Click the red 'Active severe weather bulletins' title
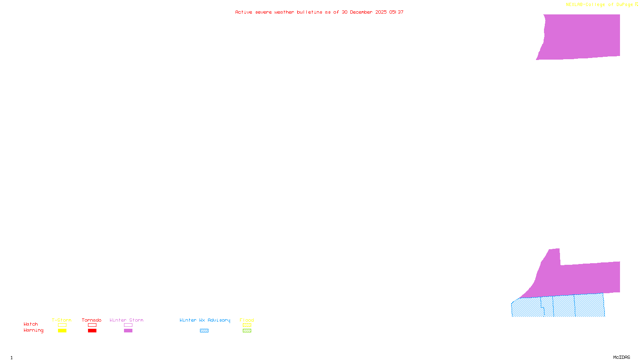click(x=319, y=12)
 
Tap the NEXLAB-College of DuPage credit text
click(x=602, y=4)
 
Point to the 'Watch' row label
click(x=31, y=324)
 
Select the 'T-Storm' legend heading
click(x=62, y=320)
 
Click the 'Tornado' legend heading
click(x=92, y=320)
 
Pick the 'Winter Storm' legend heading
click(x=126, y=320)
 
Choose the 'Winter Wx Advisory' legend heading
click(x=205, y=320)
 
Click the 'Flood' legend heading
click(x=247, y=320)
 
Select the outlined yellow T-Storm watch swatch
click(x=62, y=325)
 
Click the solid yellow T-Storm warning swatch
click(x=62, y=331)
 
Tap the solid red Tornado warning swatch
click(x=92, y=331)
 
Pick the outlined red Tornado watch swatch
click(x=92, y=325)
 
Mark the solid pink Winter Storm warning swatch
click(x=128, y=331)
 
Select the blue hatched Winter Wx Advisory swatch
click(x=204, y=331)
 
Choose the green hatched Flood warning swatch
click(x=247, y=331)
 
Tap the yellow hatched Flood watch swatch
click(x=247, y=325)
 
